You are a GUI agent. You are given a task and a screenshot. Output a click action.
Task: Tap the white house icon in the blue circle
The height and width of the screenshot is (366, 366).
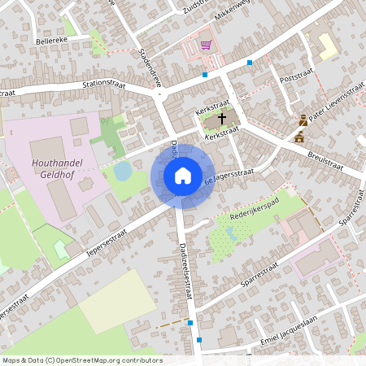[x=182, y=175]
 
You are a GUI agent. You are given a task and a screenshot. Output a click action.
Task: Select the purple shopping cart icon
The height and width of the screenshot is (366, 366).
[x=207, y=45]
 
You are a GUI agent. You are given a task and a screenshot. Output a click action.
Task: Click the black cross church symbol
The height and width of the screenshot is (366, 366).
[x=222, y=119]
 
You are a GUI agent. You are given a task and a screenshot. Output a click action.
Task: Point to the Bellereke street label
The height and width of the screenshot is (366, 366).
[x=50, y=38]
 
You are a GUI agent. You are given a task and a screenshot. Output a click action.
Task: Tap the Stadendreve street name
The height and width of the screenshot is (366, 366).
[x=151, y=68]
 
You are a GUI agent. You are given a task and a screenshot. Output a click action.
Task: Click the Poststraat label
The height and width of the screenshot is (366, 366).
[x=296, y=79]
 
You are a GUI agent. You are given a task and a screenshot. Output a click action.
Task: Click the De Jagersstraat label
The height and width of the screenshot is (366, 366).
[x=231, y=176]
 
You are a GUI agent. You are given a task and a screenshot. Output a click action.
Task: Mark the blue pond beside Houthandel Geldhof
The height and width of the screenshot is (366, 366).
[x=122, y=170]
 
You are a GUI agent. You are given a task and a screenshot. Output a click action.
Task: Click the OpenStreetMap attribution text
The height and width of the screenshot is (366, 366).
[x=81, y=360]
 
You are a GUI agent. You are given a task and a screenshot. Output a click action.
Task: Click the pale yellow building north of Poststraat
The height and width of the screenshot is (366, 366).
[x=327, y=46]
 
